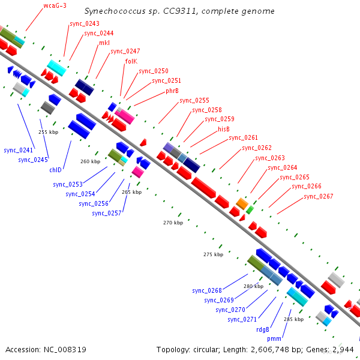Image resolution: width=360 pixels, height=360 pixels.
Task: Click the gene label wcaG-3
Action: [x=55, y=5]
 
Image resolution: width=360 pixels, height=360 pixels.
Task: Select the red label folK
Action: [x=131, y=61]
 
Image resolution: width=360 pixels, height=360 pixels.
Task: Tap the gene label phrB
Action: [x=172, y=91]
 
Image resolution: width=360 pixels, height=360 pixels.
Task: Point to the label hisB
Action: [x=224, y=129]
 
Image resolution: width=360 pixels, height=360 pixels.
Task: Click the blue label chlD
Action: [x=56, y=170]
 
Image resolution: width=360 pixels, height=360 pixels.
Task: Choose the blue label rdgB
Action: [x=263, y=329]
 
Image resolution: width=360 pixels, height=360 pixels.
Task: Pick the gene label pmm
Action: [x=274, y=339]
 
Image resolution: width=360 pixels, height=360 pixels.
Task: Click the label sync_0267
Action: [x=319, y=197]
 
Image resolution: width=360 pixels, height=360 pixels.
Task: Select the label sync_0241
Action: [x=19, y=151]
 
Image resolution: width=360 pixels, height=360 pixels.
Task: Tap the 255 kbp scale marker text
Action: [x=49, y=132]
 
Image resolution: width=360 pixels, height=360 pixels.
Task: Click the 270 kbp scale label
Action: [x=173, y=223]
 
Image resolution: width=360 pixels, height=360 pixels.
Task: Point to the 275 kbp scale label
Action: [x=213, y=254]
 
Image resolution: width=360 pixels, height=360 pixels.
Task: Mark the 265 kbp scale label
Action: [x=132, y=192]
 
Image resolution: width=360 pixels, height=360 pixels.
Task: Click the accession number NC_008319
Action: [x=65, y=350]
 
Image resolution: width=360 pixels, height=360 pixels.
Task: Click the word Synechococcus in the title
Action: [x=115, y=11]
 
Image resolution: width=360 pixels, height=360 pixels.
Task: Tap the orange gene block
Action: [x=242, y=203]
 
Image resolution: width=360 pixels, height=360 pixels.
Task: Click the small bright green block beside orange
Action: [x=250, y=210]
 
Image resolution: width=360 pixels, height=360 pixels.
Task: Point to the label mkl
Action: [x=104, y=43]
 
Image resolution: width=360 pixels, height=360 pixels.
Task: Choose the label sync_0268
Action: [x=207, y=290]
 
